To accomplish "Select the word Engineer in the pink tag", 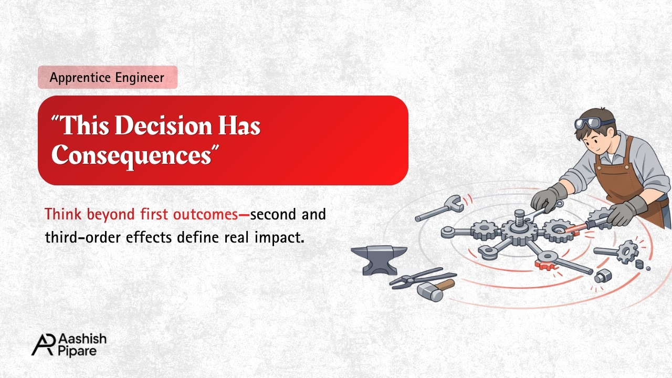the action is click(140, 78).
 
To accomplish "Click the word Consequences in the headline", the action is click(132, 156).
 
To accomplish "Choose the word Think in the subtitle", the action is click(63, 214).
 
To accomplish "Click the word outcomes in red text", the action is click(205, 215).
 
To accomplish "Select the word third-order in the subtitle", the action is click(83, 237).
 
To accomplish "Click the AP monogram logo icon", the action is click(44, 345).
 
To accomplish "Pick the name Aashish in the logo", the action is click(82, 339).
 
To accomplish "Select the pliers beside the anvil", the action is click(423, 278).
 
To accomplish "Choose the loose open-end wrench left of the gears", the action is click(439, 207).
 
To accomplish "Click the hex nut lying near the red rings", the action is click(603, 276).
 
